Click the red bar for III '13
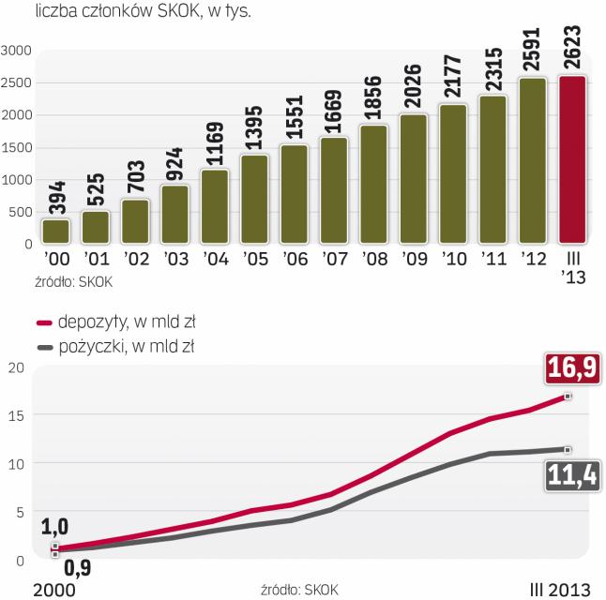(x=573, y=160)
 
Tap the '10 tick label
(x=454, y=258)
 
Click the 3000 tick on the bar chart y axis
(x=17, y=50)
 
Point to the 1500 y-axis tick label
(x=17, y=147)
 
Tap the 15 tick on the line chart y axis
(x=13, y=415)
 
